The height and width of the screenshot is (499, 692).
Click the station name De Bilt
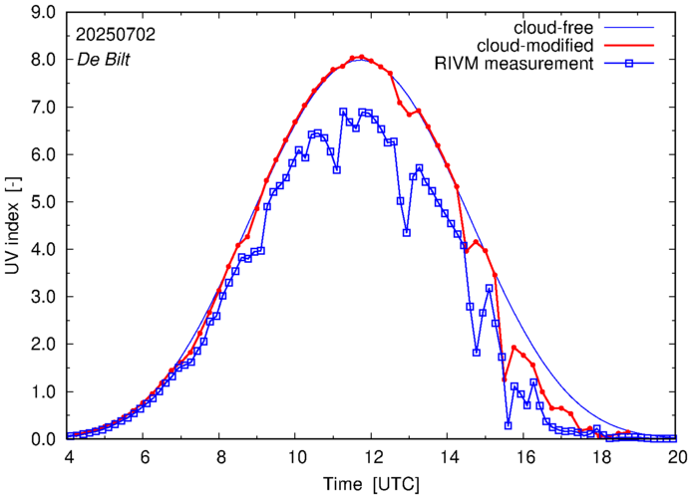click(103, 59)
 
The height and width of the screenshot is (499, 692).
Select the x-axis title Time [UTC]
click(372, 483)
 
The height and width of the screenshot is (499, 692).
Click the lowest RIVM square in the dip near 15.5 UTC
click(508, 425)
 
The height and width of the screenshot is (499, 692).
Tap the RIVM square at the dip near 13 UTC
click(407, 232)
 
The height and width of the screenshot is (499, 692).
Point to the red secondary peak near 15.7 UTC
click(514, 348)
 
